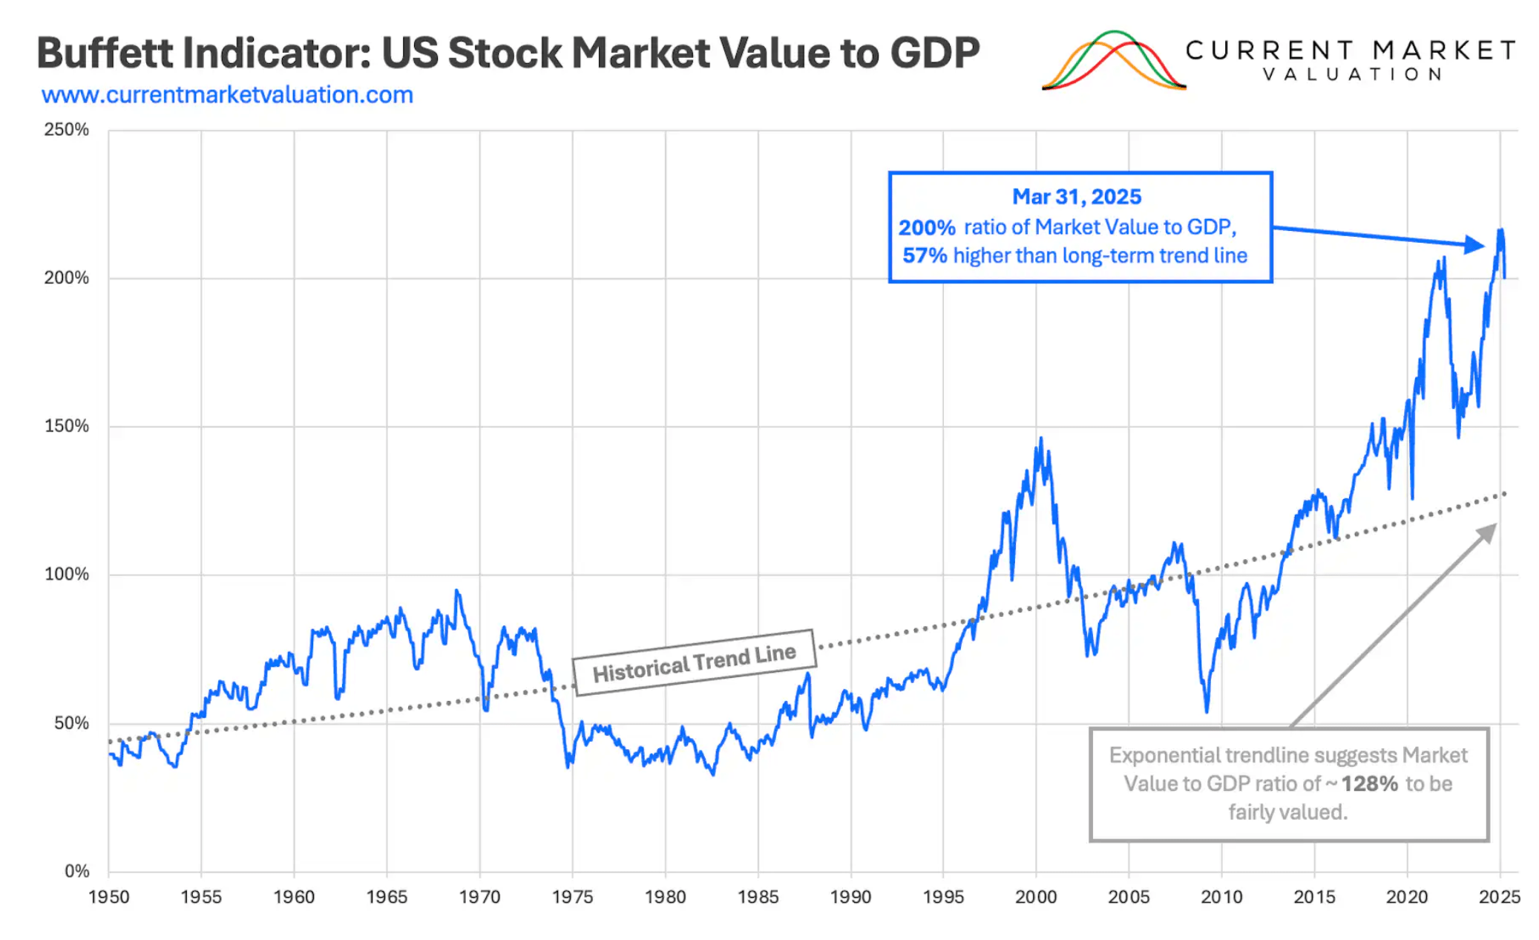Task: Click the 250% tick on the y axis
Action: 66,130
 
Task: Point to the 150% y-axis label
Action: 66,426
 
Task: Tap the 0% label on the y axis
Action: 76,871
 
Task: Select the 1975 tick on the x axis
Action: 572,897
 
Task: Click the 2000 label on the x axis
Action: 1036,897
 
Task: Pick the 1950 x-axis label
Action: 109,897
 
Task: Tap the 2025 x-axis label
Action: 1499,897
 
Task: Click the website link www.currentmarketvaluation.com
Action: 227,95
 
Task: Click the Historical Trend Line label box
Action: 694,662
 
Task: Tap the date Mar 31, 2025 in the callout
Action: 1077,197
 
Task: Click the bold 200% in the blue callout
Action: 927,227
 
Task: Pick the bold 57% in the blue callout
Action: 925,256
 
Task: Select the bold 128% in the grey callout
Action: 1369,784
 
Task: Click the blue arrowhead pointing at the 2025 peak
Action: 1475,245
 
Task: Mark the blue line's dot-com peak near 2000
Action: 1040,439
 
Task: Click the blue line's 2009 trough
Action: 1207,711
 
